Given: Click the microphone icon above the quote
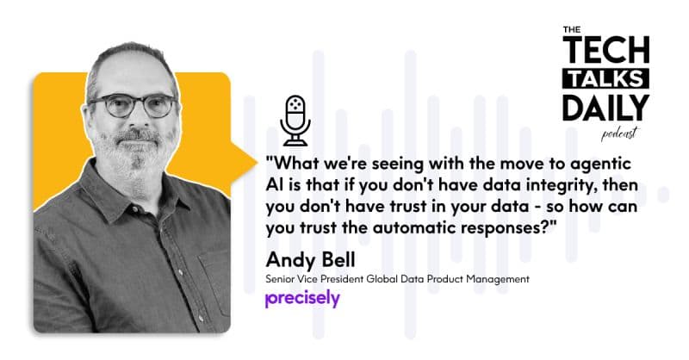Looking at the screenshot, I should [x=295, y=120].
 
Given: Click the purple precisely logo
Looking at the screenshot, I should [x=302, y=299].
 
